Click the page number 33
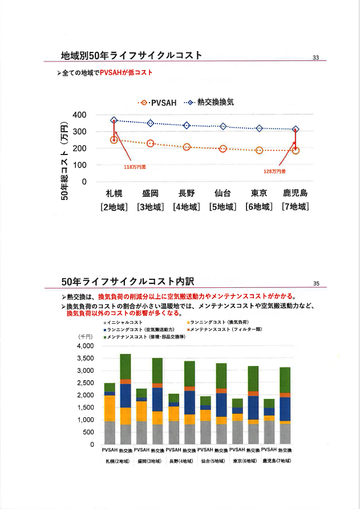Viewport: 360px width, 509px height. coord(315,57)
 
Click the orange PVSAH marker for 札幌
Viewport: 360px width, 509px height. coord(114,140)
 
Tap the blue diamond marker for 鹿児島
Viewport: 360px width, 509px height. coord(296,129)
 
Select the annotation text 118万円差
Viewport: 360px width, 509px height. coord(135,167)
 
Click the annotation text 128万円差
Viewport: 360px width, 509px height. coord(274,170)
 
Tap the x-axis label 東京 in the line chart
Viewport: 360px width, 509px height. coord(260,193)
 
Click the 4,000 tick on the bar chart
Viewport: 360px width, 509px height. coord(84,346)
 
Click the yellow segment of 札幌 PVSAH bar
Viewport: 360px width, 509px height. coord(110,408)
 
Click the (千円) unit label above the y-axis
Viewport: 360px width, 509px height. coord(85,336)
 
